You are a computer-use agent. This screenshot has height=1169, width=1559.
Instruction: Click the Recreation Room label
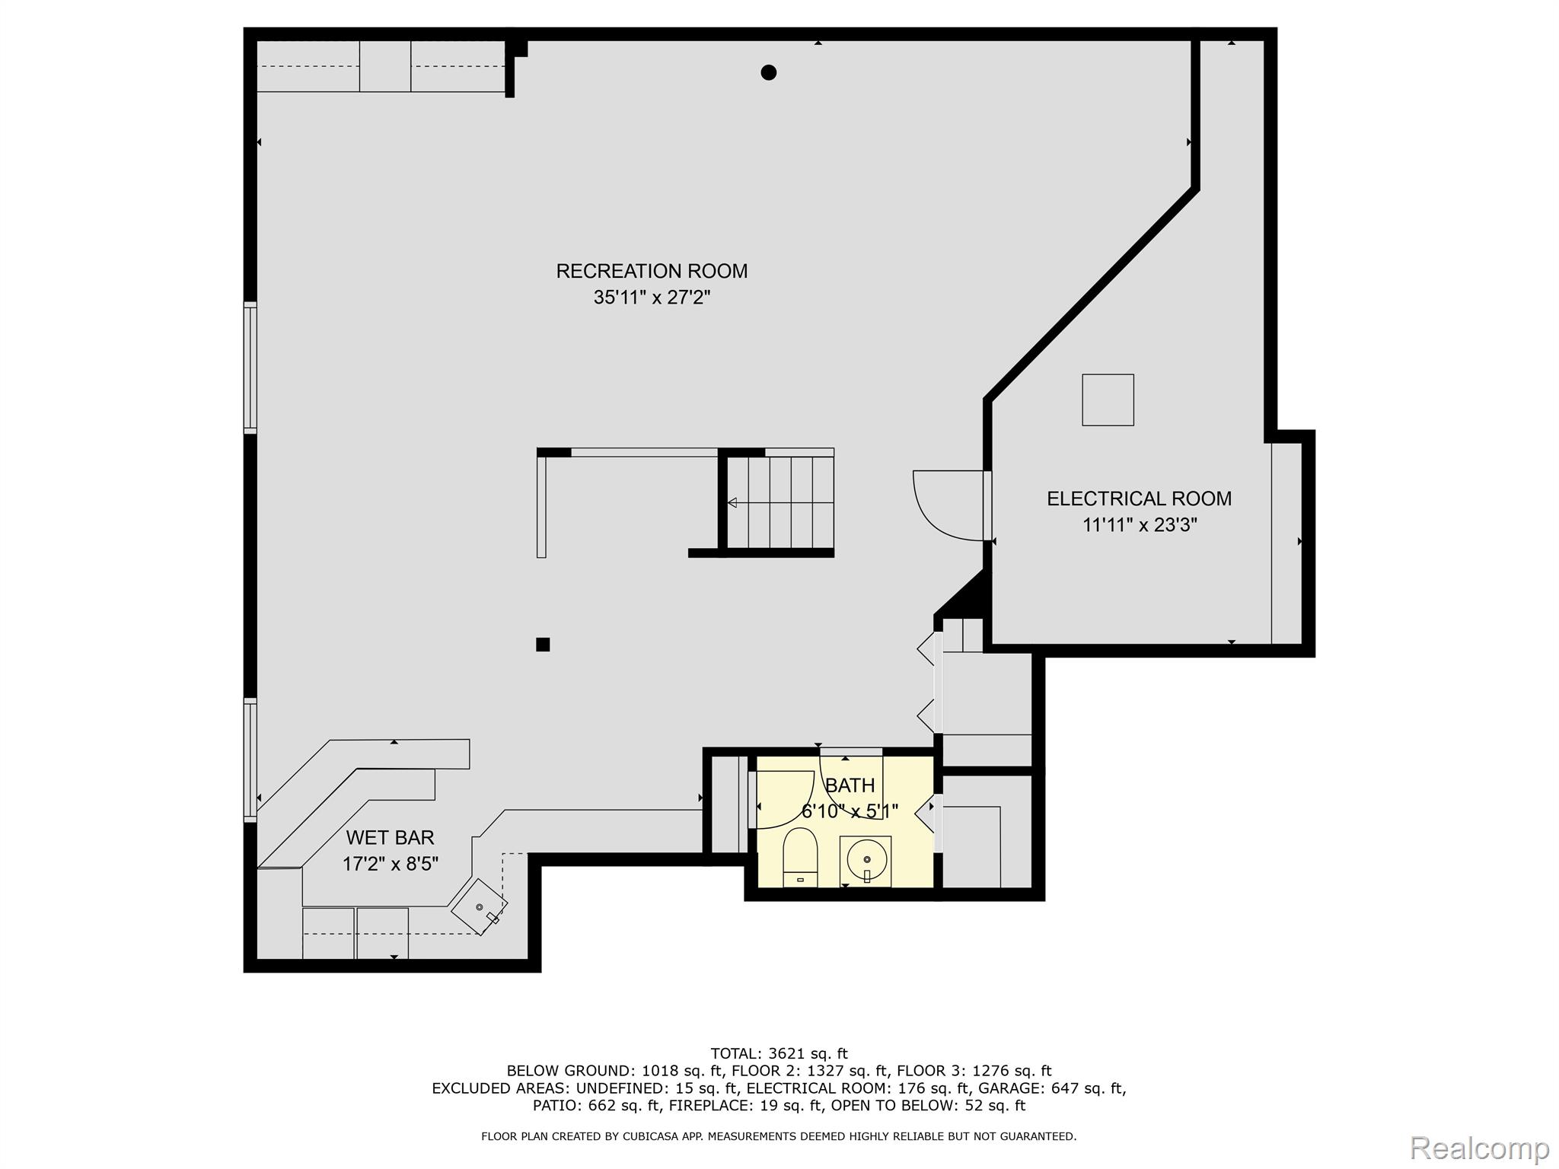point(652,271)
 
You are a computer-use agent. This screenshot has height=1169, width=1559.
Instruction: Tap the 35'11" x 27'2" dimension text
point(652,297)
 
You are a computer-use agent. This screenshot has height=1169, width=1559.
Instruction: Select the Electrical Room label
point(1139,498)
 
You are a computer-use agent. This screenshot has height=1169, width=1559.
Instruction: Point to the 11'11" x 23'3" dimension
point(1140,524)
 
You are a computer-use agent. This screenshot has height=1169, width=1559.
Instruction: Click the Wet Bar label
point(390,837)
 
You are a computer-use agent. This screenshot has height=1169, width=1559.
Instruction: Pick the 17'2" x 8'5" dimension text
point(390,864)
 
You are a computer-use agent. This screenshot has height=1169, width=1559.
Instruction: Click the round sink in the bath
point(866,860)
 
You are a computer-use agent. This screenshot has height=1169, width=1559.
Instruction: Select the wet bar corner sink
point(480,907)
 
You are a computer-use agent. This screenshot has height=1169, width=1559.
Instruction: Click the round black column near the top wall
point(769,73)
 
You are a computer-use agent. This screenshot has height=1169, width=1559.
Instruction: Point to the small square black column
point(543,645)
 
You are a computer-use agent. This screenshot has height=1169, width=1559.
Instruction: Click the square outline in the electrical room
point(1108,400)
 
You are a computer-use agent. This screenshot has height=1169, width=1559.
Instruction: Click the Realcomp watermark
point(1479,1148)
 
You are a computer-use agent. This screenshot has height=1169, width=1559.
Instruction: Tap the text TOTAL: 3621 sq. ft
point(779,1054)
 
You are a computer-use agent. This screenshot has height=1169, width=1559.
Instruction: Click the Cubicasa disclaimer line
point(779,1136)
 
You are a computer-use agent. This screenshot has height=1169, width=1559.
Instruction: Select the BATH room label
point(850,785)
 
